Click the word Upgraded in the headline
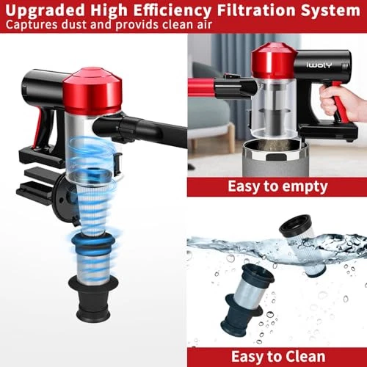point(45,10)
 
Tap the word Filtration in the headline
point(256,10)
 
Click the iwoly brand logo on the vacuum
point(319,65)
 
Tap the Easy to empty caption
point(277,186)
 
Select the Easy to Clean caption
point(278,356)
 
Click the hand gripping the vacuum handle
point(343,101)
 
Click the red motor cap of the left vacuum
point(92,91)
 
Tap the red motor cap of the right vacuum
point(274,61)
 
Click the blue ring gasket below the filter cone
point(94,243)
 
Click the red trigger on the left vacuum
point(37,130)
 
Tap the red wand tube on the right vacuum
point(201,87)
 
